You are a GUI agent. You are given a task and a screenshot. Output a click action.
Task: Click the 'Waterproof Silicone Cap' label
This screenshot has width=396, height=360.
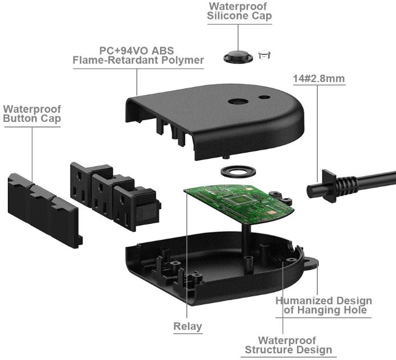[x=239, y=11]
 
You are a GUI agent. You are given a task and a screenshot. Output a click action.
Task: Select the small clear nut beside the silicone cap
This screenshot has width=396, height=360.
[x=263, y=55]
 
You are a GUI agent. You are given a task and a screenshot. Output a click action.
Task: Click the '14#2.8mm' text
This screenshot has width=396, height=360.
[x=319, y=79]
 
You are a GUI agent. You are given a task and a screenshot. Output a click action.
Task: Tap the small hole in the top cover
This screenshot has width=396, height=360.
[x=264, y=97]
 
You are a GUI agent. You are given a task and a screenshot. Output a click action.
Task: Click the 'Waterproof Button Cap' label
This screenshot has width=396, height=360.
[x=32, y=113]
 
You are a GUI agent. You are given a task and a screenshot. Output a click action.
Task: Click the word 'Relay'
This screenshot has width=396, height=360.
[x=187, y=326]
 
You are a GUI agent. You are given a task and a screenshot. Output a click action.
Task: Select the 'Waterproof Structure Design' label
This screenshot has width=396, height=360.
[x=287, y=345]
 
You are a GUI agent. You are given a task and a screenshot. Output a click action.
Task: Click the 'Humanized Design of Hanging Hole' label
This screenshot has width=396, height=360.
[x=323, y=305]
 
